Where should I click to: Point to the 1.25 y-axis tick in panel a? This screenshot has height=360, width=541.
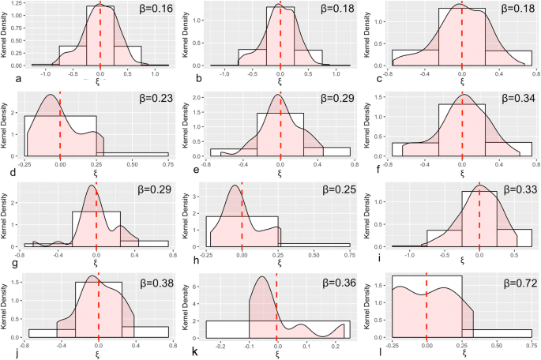coord(17,4)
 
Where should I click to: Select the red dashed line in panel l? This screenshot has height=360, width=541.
coord(426,308)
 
